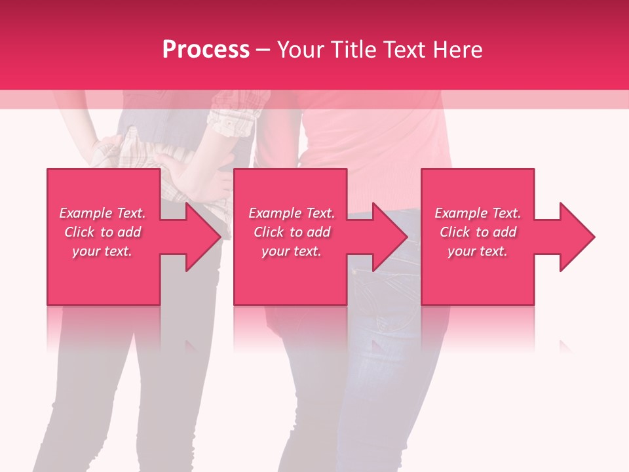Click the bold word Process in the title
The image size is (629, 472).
coord(206,50)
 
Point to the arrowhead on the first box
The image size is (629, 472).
coord(203,237)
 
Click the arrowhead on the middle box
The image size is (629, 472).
coord(390,237)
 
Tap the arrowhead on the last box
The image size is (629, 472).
coord(577,237)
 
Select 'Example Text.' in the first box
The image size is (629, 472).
coord(102,213)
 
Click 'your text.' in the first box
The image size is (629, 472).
coord(102,251)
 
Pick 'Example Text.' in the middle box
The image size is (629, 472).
coord(292,213)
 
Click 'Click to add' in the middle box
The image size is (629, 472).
coord(292,232)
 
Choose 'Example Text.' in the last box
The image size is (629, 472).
coord(478,213)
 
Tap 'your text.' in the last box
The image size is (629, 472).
coord(478,251)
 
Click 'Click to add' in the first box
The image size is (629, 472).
coord(102,232)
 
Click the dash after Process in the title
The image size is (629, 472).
coord(263,50)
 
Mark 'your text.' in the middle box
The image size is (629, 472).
coord(292,251)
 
